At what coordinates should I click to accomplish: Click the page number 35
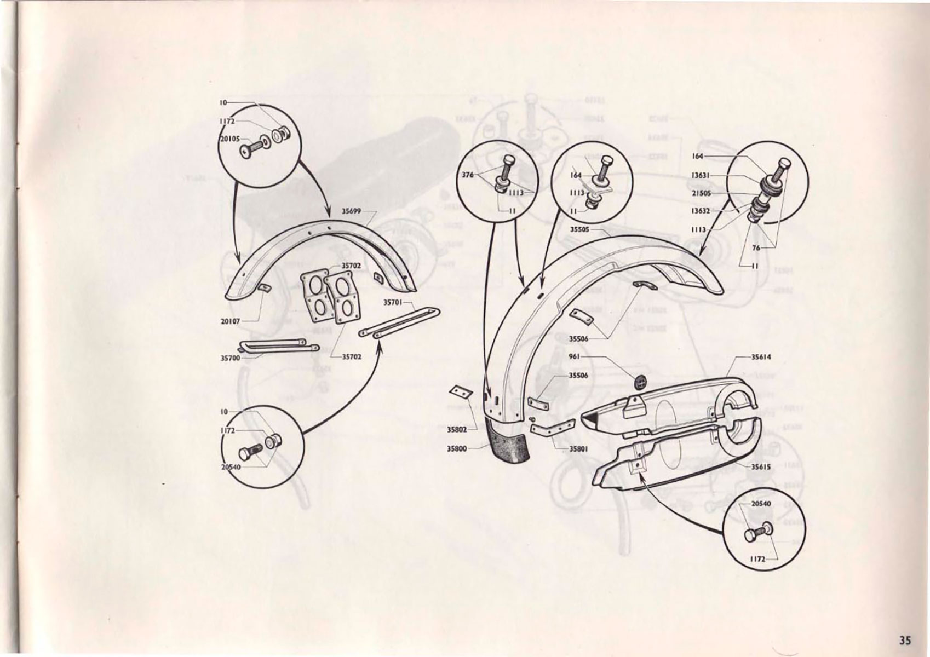(x=904, y=639)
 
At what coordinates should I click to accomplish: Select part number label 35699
(x=351, y=211)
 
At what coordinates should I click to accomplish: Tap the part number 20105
(x=229, y=139)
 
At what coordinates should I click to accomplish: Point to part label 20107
(x=230, y=321)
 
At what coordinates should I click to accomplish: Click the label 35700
(x=230, y=358)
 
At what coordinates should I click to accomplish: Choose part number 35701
(x=392, y=302)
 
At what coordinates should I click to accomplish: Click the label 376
(x=468, y=175)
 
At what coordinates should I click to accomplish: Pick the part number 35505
(x=579, y=229)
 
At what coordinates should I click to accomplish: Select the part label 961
(x=574, y=356)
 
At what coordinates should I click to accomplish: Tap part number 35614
(x=761, y=357)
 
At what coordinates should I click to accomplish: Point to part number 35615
(x=760, y=467)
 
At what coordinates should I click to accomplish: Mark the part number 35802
(x=456, y=430)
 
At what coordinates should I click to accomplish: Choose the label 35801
(x=578, y=449)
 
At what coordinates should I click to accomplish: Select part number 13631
(x=701, y=175)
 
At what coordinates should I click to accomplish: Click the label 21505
(x=701, y=193)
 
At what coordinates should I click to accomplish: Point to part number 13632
(x=701, y=211)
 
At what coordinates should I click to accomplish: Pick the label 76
(x=756, y=248)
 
